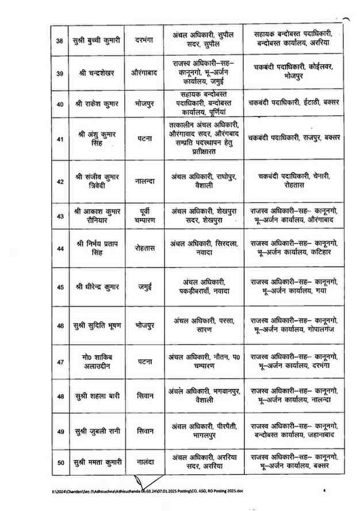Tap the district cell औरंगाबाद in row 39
(x=141, y=73)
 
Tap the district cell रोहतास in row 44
(x=141, y=249)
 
